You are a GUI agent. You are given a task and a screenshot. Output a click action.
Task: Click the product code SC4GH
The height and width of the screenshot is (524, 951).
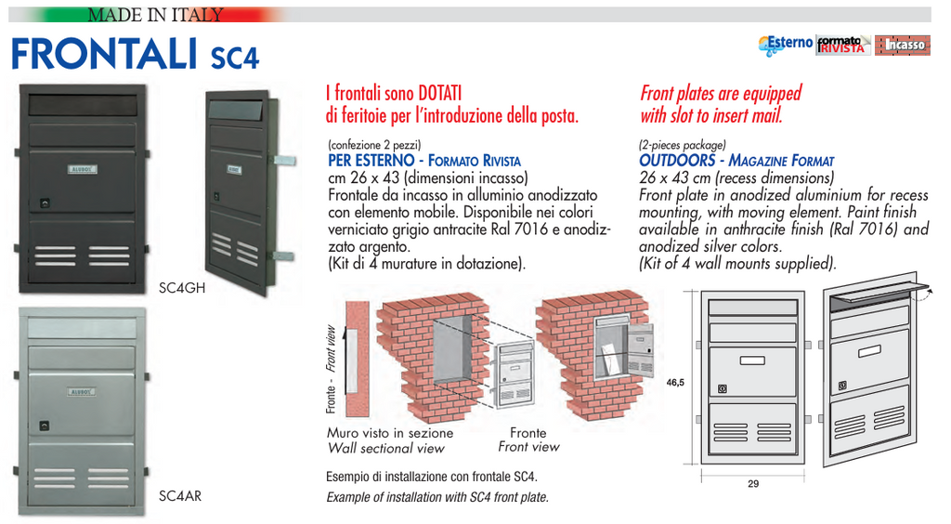tap(182, 289)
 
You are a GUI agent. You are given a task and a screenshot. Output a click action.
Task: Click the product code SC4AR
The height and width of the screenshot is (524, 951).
tap(180, 496)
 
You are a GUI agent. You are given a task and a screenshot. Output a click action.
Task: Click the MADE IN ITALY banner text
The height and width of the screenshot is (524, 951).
tap(156, 15)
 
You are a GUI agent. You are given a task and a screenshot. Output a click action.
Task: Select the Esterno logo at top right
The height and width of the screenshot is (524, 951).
tap(786, 44)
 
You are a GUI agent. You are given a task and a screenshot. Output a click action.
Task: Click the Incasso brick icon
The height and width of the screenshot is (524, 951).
tap(903, 45)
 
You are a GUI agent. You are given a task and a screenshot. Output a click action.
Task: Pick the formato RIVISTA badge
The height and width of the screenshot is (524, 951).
tap(843, 45)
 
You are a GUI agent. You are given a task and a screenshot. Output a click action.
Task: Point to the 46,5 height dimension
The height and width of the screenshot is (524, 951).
tap(675, 382)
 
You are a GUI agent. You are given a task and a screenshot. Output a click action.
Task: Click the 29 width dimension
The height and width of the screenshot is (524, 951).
tap(753, 483)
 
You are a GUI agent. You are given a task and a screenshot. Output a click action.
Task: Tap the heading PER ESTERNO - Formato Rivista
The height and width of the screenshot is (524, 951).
tap(424, 161)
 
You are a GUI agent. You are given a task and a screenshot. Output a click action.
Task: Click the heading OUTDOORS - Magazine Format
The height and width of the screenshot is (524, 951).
tap(736, 161)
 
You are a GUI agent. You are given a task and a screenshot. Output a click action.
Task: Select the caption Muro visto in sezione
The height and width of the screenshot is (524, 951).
tap(390, 433)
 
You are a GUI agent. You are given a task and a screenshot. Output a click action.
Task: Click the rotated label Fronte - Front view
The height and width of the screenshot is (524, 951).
tap(330, 370)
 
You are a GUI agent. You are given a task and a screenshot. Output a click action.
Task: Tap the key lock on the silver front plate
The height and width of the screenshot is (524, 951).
tap(43, 427)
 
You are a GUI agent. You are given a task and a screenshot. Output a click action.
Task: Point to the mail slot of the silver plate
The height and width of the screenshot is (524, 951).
tap(82, 327)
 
